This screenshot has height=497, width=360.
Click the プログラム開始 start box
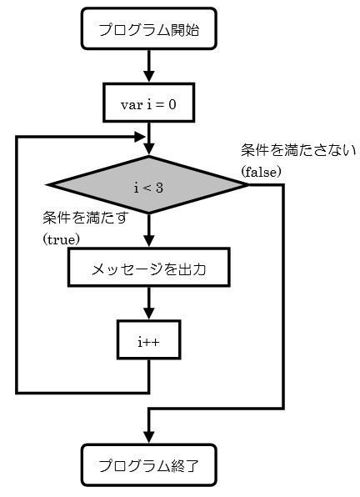149,29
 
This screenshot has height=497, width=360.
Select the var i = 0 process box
149,103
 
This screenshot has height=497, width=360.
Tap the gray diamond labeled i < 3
147,185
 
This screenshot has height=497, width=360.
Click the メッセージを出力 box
149,268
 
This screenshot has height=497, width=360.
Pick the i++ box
149,339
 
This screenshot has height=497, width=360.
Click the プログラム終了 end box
149,465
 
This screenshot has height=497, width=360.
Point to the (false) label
261,172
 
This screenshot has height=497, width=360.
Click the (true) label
61,239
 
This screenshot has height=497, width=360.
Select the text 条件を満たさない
298,150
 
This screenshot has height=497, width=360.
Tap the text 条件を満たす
86,218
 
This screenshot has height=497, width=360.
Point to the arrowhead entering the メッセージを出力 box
149,241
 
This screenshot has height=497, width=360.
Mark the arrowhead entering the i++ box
149,314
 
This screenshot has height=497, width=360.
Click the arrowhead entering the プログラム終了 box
149,438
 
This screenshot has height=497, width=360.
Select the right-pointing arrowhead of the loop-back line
140,138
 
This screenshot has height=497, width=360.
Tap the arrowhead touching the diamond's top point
149,149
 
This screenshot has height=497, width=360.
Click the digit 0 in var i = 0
172,104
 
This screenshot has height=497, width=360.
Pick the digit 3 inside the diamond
159,188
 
